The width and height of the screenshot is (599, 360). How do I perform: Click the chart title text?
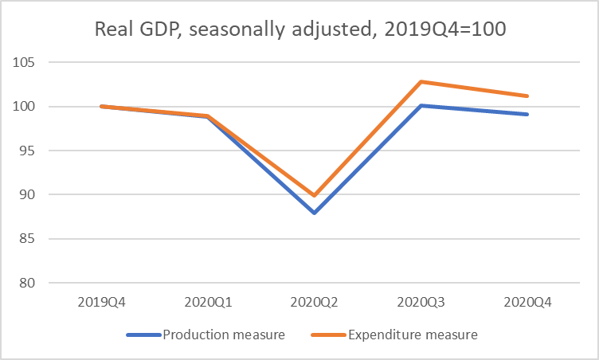[x=299, y=30]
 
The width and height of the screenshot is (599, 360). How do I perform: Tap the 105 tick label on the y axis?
[x=29, y=62]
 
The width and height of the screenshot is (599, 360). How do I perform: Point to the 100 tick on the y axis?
[x=29, y=107]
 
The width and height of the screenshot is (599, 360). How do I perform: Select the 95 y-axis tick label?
[x=33, y=151]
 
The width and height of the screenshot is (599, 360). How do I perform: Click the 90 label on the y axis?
[x=33, y=195]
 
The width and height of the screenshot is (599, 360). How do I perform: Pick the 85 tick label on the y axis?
[x=33, y=239]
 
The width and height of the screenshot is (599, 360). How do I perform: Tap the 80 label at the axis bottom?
[x=33, y=284]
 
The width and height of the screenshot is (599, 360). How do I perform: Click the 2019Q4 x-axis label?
[x=101, y=303]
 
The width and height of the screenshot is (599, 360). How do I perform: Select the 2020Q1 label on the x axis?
[x=208, y=303]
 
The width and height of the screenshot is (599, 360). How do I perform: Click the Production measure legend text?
[x=224, y=335]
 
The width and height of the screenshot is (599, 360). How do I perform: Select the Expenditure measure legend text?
[x=413, y=335]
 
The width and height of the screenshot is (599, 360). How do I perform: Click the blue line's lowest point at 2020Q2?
[x=314, y=213]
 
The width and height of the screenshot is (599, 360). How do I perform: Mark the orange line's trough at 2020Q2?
[x=314, y=195]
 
